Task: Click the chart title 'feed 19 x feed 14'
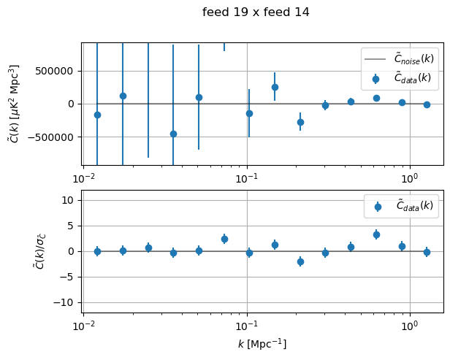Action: [256, 12]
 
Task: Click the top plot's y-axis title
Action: [14, 103]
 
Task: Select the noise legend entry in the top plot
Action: [401, 58]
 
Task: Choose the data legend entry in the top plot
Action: [401, 77]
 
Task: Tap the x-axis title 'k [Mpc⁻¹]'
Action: [262, 343]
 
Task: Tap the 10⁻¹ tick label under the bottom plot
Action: [247, 324]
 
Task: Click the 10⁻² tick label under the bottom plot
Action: [84, 324]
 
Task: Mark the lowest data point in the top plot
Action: [173, 134]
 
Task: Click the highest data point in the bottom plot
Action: [376, 234]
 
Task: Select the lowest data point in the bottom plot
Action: [300, 261]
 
